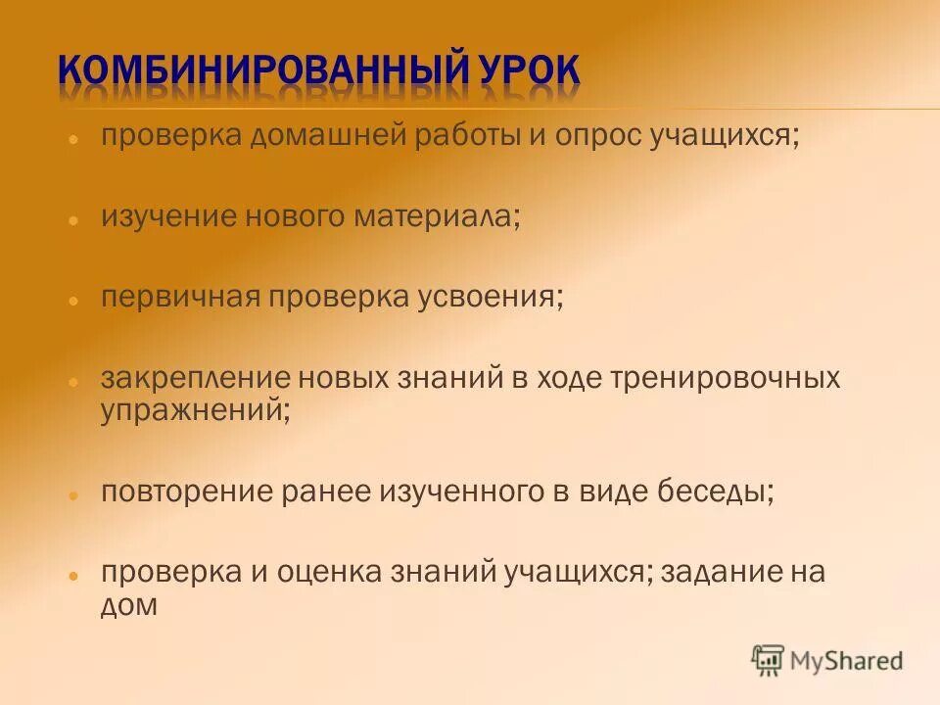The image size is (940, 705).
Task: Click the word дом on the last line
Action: pos(128,603)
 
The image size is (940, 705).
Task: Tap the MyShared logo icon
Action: pos(769,660)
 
